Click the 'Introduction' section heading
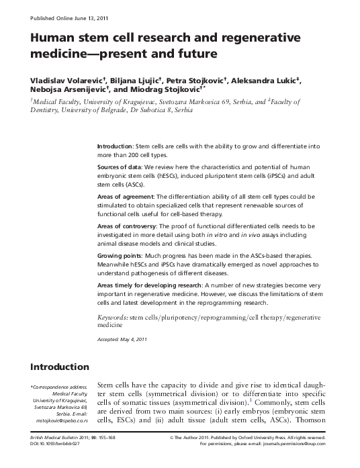[60, 367]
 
